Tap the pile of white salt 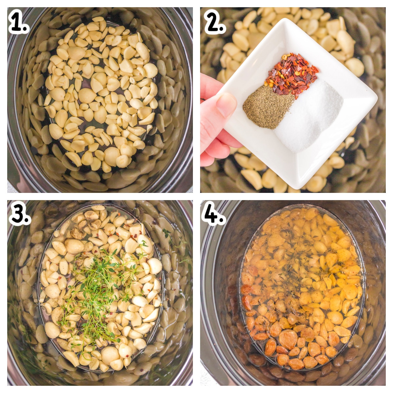[309, 115]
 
